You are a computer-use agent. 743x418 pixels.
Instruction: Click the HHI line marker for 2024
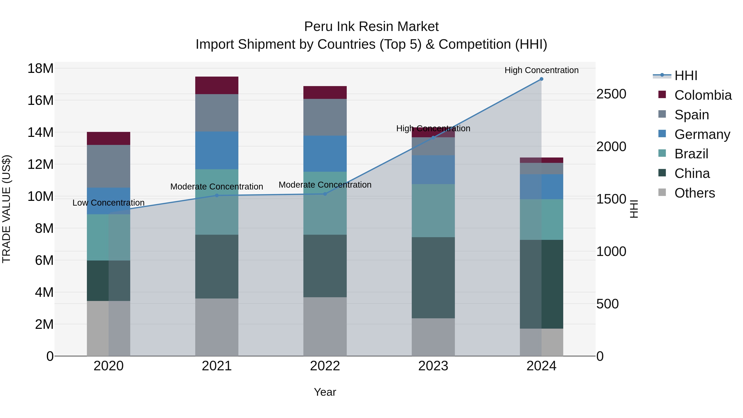pyautogui.click(x=541, y=79)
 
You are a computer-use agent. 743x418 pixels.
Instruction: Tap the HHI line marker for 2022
pyautogui.click(x=325, y=194)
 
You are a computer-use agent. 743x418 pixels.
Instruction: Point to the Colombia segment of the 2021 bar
pyautogui.click(x=217, y=85)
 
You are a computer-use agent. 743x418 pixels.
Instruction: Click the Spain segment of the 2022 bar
pyautogui.click(x=325, y=117)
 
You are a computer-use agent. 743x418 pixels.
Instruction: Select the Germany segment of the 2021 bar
pyautogui.click(x=217, y=150)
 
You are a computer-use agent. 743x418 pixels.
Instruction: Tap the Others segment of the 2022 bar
pyautogui.click(x=325, y=326)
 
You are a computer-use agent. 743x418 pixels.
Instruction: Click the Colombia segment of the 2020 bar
pyautogui.click(x=108, y=139)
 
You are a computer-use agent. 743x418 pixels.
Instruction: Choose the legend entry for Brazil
pyautogui.click(x=691, y=154)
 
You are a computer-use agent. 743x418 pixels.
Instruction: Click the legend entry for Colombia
pyautogui.click(x=703, y=95)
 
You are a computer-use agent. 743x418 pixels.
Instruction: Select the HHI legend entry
pyautogui.click(x=686, y=76)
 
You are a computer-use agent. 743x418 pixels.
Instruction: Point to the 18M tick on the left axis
pyautogui.click(x=40, y=69)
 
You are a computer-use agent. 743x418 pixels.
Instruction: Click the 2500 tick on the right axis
pyautogui.click(x=611, y=94)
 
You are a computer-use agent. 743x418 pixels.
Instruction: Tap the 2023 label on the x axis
pyautogui.click(x=433, y=366)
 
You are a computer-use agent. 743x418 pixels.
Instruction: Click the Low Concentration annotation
pyautogui.click(x=108, y=203)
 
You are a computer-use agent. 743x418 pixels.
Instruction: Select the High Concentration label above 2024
pyautogui.click(x=541, y=70)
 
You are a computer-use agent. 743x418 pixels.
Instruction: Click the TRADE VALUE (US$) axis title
pyautogui.click(x=6, y=209)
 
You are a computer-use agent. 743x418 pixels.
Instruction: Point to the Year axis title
pyautogui.click(x=325, y=392)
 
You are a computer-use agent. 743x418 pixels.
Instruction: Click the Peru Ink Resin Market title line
pyautogui.click(x=371, y=27)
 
